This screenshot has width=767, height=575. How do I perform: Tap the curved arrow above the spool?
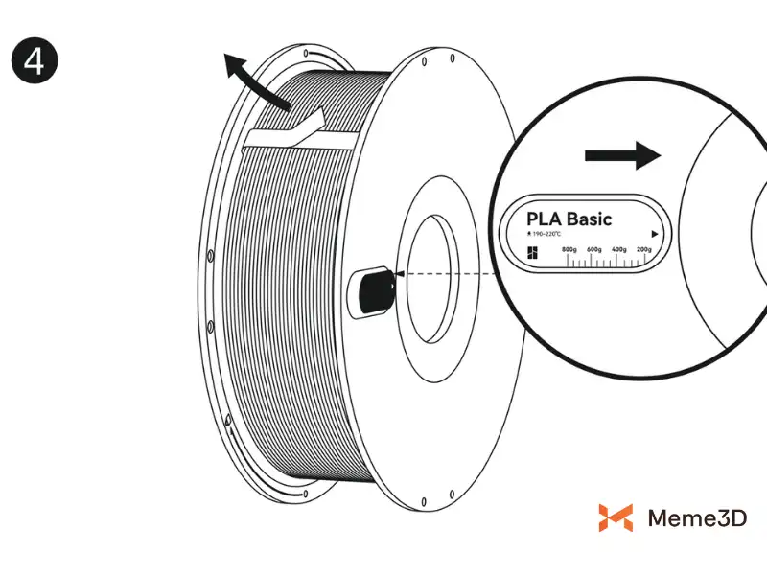[x=251, y=81]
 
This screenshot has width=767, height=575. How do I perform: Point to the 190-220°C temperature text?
[x=546, y=234]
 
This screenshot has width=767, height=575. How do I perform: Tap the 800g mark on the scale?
[x=569, y=249]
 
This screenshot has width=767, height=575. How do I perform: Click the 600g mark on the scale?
[x=594, y=249]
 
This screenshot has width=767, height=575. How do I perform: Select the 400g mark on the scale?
[x=619, y=249]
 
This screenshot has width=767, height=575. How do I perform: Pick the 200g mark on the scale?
[x=644, y=249]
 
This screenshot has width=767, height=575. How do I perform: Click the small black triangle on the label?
[x=654, y=233]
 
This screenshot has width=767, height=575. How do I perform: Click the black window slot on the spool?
[x=372, y=291]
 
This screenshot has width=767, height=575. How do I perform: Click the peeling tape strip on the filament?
[x=288, y=134]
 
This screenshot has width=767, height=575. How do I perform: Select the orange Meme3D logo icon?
[x=616, y=517]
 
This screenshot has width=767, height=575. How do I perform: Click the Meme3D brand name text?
[x=697, y=518]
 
